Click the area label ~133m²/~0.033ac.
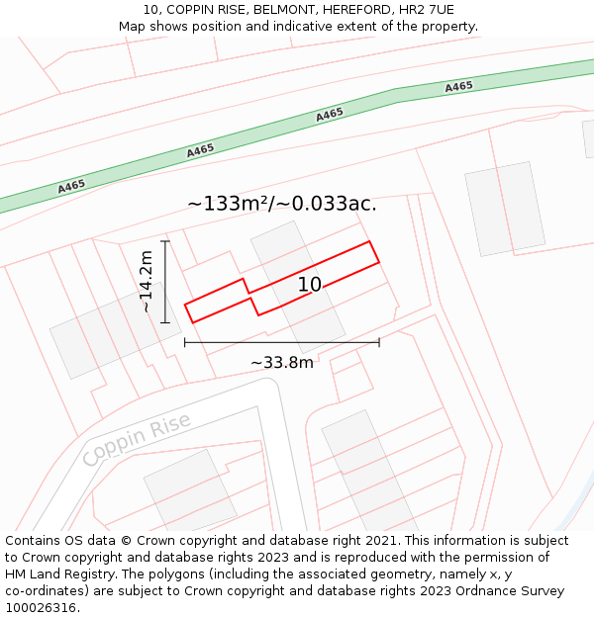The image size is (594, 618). click(282, 204)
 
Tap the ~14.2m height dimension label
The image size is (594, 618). click(147, 282)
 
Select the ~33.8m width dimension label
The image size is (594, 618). click(282, 363)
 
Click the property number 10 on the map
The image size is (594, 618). click(310, 285)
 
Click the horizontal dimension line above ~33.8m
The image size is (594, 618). click(282, 343)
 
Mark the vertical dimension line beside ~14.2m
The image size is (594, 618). click(165, 282)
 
